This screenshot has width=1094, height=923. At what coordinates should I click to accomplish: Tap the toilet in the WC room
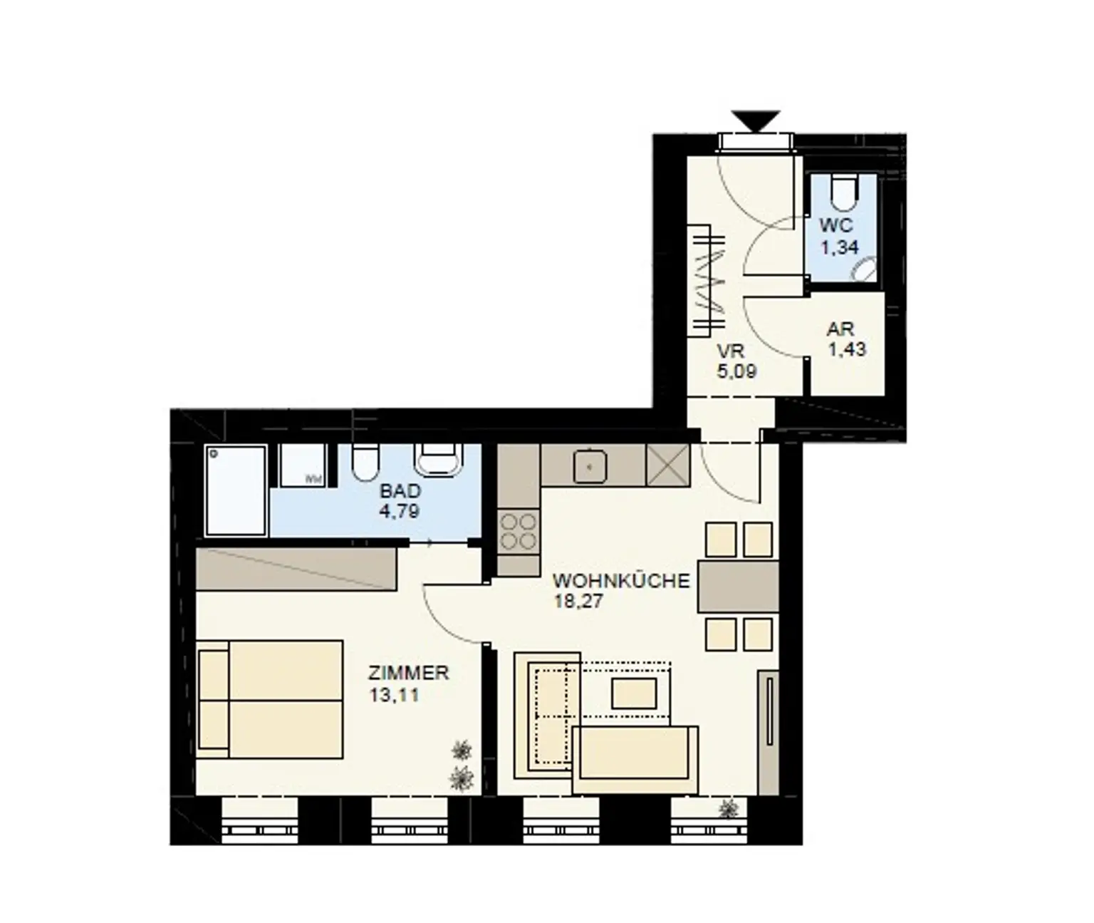click(x=843, y=192)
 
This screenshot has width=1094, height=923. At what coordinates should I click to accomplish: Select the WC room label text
click(x=836, y=225)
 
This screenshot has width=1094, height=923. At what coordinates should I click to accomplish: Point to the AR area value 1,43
click(x=848, y=349)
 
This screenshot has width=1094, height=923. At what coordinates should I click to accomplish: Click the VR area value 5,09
click(x=736, y=372)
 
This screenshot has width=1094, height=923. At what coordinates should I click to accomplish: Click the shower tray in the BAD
click(x=236, y=490)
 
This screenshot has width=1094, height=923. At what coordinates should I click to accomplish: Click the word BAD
click(x=400, y=491)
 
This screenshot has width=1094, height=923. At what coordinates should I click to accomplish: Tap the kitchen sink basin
click(x=590, y=465)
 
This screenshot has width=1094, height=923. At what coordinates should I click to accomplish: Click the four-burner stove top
click(x=519, y=531)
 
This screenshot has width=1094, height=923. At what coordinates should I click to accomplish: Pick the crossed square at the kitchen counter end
click(x=667, y=465)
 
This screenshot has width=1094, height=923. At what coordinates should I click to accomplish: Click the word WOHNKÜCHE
click(x=621, y=581)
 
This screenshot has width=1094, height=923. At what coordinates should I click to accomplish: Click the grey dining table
click(x=738, y=587)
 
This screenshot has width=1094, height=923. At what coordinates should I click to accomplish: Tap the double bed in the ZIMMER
click(x=271, y=699)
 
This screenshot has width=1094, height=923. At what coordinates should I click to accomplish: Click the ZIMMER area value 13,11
click(x=394, y=696)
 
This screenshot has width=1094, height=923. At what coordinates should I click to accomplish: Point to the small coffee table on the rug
click(x=634, y=693)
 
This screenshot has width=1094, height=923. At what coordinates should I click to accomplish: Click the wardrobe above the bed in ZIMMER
click(x=296, y=569)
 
